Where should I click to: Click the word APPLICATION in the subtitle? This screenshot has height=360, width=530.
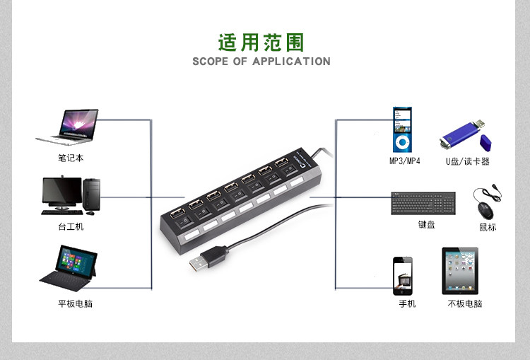click(x=291, y=62)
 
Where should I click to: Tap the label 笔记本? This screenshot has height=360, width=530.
click(x=71, y=158)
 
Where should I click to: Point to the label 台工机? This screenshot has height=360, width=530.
click(x=71, y=226)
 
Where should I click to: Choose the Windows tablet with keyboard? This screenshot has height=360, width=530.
click(x=69, y=267)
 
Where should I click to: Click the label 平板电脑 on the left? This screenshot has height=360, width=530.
click(x=75, y=303)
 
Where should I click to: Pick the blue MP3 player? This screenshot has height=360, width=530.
click(x=402, y=129)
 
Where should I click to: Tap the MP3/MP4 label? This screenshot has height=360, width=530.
click(x=405, y=161)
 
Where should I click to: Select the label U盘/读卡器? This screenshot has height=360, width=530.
click(x=467, y=161)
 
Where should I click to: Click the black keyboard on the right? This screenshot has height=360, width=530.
click(x=424, y=204)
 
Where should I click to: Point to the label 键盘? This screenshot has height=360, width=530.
click(x=426, y=225)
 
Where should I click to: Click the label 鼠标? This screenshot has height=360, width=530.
click(x=488, y=227)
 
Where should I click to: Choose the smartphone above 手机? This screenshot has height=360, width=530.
click(x=403, y=275)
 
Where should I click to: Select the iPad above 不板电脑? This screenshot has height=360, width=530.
click(x=460, y=271)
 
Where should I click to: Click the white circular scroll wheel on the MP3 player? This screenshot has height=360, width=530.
click(x=402, y=142)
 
